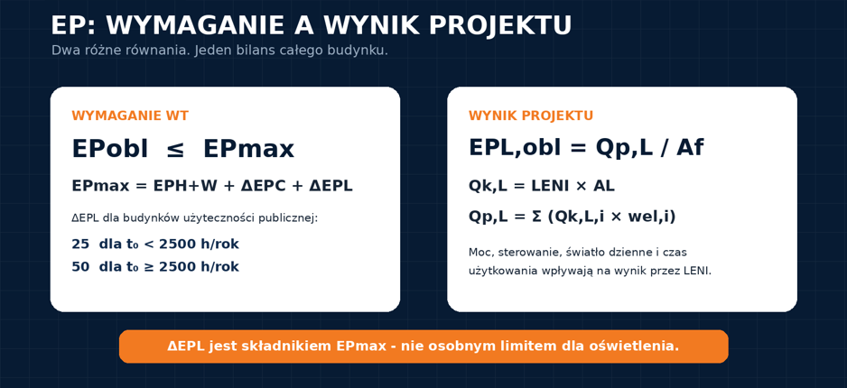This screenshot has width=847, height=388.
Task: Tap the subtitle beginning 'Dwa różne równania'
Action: pyautogui.click(x=219, y=51)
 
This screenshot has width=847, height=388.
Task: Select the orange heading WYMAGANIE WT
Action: pyautogui.click(x=130, y=116)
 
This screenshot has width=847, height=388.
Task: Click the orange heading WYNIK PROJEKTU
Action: pyautogui.click(x=531, y=116)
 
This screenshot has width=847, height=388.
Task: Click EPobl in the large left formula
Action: pyautogui.click(x=109, y=149)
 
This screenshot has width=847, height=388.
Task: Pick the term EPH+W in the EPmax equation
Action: pyautogui.click(x=185, y=186)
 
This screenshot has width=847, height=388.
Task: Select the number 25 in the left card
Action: pyautogui.click(x=80, y=245)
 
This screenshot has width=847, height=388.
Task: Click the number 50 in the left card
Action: pyautogui.click(x=80, y=267)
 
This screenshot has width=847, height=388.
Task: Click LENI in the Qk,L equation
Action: pyautogui.click(x=551, y=186)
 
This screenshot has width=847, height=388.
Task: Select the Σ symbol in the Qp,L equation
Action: pyautogui.click(x=537, y=217)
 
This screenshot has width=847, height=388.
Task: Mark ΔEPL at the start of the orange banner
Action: pyautogui.click(x=186, y=346)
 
